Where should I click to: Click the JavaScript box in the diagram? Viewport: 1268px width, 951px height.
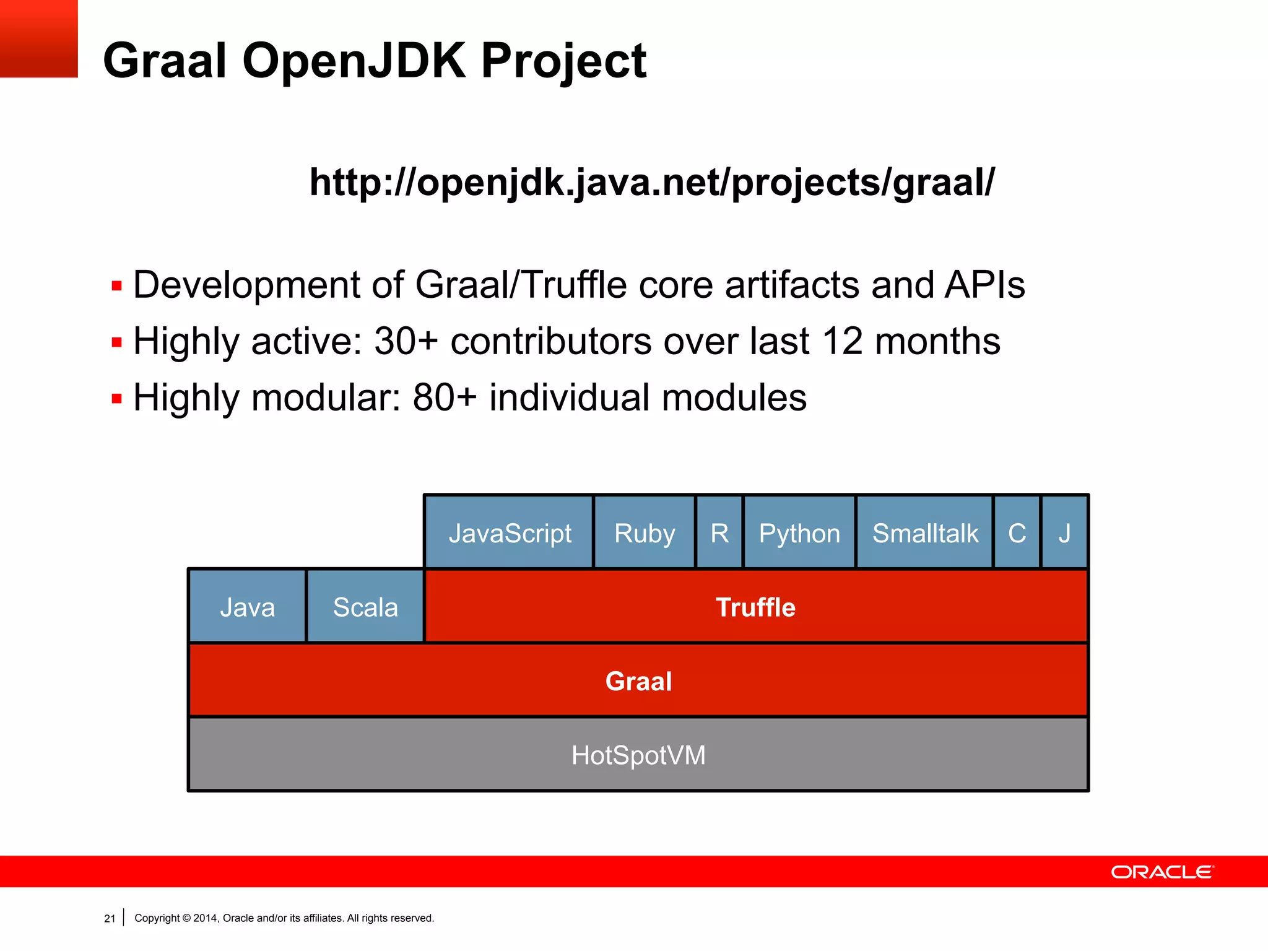(509, 532)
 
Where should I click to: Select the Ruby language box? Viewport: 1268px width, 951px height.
(644, 532)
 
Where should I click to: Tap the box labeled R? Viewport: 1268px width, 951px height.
(719, 532)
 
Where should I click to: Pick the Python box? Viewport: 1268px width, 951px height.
(799, 532)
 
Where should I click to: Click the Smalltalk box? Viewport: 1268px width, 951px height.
(925, 532)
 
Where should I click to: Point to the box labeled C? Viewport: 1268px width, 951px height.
(1017, 532)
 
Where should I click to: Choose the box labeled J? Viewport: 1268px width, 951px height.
(1064, 532)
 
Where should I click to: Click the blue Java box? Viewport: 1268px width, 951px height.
(247, 607)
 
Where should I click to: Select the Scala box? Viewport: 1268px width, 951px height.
(365, 607)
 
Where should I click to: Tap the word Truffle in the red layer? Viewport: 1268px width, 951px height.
(755, 607)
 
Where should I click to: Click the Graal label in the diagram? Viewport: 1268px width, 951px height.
(638, 681)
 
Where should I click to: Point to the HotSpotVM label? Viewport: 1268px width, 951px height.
(638, 755)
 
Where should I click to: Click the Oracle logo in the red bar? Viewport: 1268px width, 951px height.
(1162, 872)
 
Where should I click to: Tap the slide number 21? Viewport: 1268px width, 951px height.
(110, 919)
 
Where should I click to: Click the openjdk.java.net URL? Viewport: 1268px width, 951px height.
(651, 182)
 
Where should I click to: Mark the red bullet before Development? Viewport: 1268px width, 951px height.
(116, 286)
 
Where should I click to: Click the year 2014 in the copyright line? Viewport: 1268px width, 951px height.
(204, 918)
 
